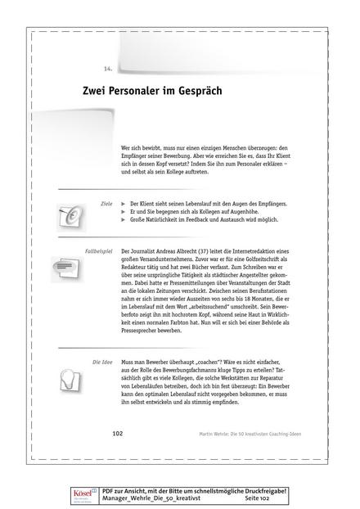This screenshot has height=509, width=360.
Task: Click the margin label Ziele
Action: pos(106,200)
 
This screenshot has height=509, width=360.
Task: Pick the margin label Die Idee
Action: pos(101,337)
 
